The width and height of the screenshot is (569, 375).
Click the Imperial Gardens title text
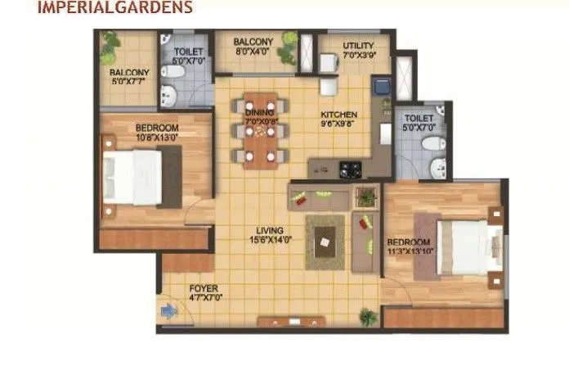[114, 8]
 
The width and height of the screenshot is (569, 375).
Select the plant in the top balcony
[287, 49]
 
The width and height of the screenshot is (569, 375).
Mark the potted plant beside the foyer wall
[367, 317]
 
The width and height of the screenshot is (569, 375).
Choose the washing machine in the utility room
[328, 63]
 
